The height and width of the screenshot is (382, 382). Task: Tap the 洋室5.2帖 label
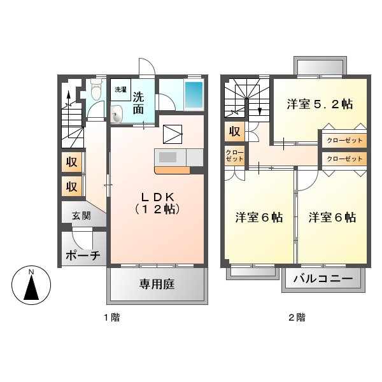point(319,104)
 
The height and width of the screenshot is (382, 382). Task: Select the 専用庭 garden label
point(157,285)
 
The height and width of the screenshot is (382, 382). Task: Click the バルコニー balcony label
point(323,279)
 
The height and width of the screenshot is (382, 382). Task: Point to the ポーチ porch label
point(83,255)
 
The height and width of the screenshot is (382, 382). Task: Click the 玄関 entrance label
point(81,216)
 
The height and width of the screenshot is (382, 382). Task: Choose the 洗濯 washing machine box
point(120,90)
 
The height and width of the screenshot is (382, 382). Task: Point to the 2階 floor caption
point(297,316)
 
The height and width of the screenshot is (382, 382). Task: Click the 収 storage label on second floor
point(234,132)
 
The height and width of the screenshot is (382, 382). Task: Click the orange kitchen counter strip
point(173,170)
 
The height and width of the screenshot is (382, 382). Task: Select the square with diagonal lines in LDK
point(173,134)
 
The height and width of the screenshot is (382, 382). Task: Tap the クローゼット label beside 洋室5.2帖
point(344,139)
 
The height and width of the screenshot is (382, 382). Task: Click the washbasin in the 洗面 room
point(117,115)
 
